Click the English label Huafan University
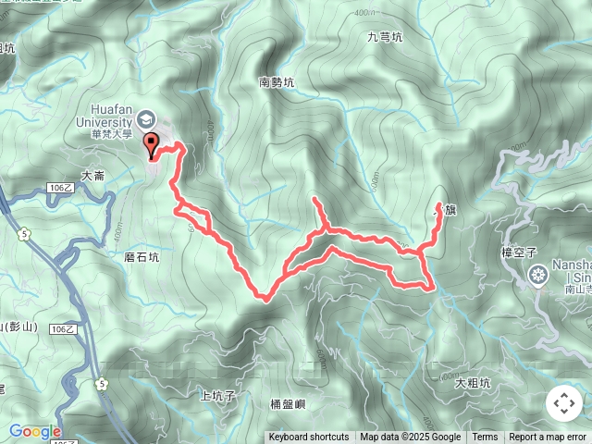click(113, 113)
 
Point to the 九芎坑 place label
click(385, 38)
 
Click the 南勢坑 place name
click(277, 83)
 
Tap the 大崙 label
click(93, 175)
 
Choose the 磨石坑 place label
click(142, 258)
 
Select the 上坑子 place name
click(218, 395)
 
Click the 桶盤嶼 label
click(288, 403)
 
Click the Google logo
click(35, 431)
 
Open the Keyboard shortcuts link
click(309, 438)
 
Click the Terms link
click(485, 438)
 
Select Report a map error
click(549, 438)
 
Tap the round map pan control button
click(564, 403)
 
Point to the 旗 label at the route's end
click(450, 211)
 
